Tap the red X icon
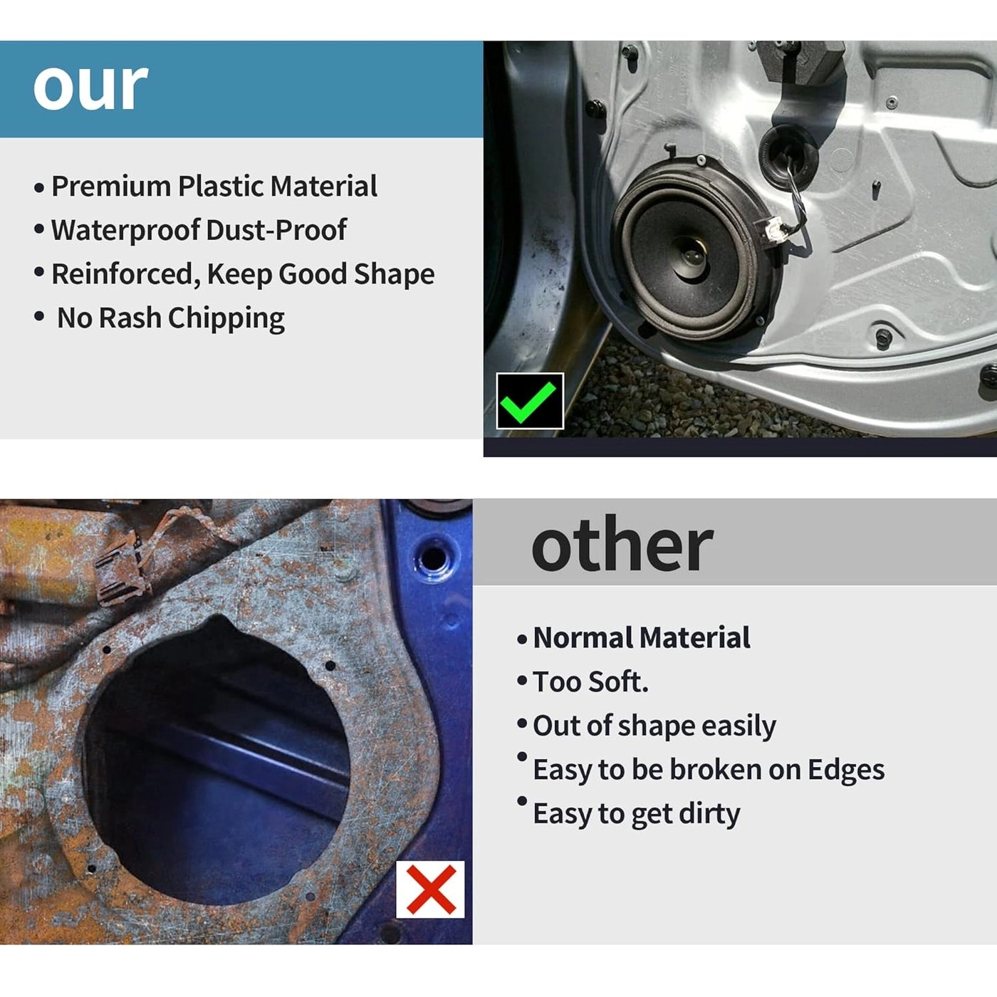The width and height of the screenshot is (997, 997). (x=430, y=889)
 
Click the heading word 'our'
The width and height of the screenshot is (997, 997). (x=90, y=86)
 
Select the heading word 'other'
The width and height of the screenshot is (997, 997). (x=622, y=545)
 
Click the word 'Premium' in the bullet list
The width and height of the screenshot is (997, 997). (x=110, y=187)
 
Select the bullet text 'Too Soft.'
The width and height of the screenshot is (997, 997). (x=590, y=682)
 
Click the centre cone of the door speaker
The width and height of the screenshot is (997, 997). (x=691, y=256)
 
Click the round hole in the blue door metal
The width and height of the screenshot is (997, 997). (x=434, y=557)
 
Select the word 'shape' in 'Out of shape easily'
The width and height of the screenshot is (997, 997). (x=655, y=726)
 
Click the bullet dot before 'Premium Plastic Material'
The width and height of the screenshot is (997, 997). (x=38, y=187)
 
